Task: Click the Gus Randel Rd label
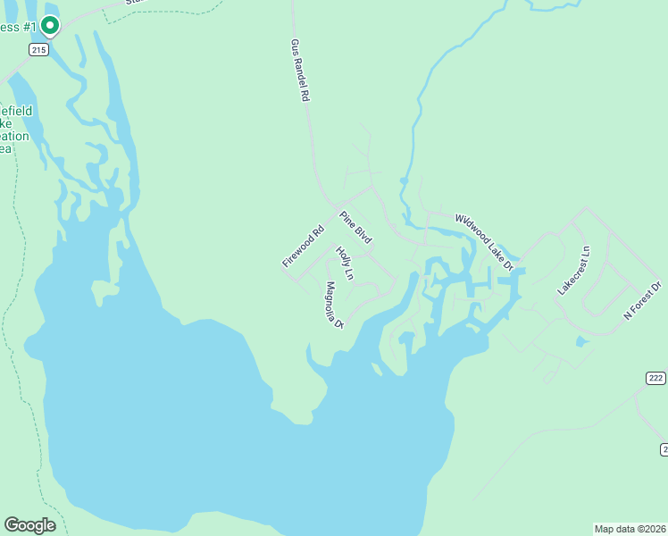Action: pyautogui.click(x=299, y=71)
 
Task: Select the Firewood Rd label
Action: pyautogui.click(x=301, y=247)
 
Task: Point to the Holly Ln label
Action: pyautogui.click(x=345, y=264)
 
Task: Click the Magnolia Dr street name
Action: pyautogui.click(x=335, y=306)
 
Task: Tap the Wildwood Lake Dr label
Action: pyautogui.click(x=485, y=241)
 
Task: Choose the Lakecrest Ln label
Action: pyautogui.click(x=573, y=271)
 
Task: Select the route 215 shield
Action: pyautogui.click(x=38, y=51)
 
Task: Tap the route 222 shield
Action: pyautogui.click(x=655, y=379)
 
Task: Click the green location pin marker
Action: pyautogui.click(x=50, y=26)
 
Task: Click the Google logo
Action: pyautogui.click(x=29, y=525)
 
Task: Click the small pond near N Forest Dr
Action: pyautogui.click(x=582, y=341)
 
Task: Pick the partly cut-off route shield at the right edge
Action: pyautogui.click(x=664, y=448)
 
